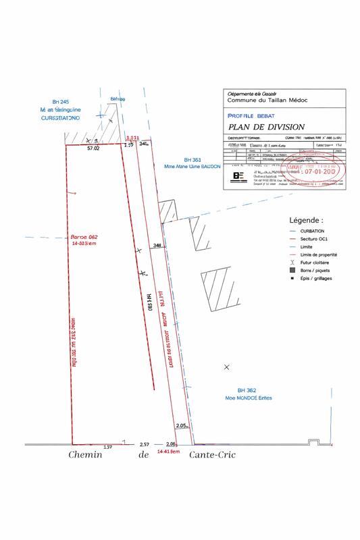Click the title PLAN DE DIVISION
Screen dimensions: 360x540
click(x=267, y=126)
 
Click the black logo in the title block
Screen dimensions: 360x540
click(x=238, y=176)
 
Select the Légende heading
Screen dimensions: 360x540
click(x=306, y=220)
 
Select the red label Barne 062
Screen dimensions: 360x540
click(x=85, y=237)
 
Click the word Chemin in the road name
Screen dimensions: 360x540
click(x=85, y=456)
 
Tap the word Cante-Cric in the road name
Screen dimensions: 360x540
click(x=213, y=456)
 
